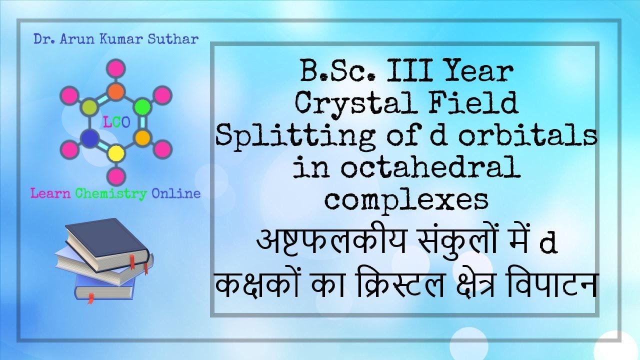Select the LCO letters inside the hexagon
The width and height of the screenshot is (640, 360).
tap(115, 123)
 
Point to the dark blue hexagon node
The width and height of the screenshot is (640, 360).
tap(89, 138)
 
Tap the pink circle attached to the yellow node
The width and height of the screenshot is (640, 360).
tap(116, 175)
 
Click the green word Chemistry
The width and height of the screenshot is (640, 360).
tap(111, 193)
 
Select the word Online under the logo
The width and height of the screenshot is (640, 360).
tap(175, 193)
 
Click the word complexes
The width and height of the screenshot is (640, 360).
tap(406, 199)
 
